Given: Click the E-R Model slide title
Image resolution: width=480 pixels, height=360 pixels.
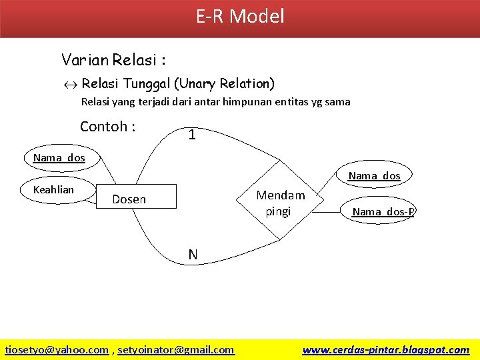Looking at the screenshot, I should (240, 16).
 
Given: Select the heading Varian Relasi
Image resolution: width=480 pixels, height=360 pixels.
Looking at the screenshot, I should (113, 60).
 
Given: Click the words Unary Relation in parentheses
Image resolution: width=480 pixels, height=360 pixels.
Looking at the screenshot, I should (224, 84).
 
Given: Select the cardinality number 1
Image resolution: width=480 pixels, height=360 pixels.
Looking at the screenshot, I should (192, 135).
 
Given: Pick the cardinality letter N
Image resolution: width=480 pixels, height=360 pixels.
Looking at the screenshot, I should (193, 254).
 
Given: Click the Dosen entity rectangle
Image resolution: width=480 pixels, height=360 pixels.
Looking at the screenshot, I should (136, 199).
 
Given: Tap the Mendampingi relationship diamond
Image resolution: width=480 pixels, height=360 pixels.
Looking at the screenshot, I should (280, 199).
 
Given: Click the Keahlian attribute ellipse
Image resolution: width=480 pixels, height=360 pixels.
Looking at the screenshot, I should (56, 190).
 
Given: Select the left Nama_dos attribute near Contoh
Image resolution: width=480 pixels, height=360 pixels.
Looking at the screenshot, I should (59, 159).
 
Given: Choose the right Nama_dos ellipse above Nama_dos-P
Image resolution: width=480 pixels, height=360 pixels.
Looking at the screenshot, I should (374, 176).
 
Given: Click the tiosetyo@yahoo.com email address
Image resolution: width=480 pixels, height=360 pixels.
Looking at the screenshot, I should (57, 349).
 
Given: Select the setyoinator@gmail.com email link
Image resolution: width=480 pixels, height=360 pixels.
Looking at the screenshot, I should (176, 349).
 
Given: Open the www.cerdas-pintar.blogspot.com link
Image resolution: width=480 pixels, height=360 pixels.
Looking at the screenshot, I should (385, 349).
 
